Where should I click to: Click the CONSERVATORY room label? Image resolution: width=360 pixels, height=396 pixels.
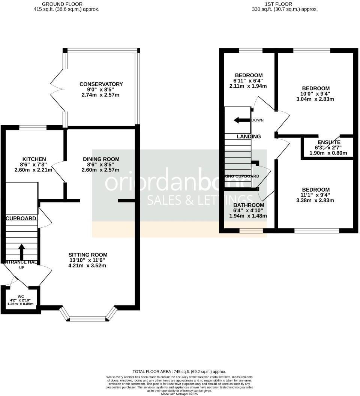click(x=101, y=84)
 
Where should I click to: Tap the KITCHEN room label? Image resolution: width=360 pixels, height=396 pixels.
click(x=34, y=159)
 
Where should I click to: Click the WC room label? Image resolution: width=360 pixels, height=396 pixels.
click(x=21, y=296)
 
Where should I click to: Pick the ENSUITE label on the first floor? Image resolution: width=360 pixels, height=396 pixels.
click(x=328, y=142)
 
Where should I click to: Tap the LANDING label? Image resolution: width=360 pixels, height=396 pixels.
click(x=249, y=136)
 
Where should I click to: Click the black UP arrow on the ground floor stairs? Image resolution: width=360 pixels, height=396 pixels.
click(x=21, y=252)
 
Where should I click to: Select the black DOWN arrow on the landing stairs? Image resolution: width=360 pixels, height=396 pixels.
click(x=241, y=120)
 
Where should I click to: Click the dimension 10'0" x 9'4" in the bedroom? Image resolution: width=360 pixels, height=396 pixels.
click(x=315, y=94)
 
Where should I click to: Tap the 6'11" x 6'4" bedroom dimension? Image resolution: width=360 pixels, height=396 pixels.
click(x=248, y=81)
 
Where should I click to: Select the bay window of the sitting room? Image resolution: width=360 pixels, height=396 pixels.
click(x=88, y=318)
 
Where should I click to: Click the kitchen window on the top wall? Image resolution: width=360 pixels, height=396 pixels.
click(x=33, y=127)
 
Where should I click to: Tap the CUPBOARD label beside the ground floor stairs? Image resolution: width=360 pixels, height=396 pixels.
click(x=21, y=218)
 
